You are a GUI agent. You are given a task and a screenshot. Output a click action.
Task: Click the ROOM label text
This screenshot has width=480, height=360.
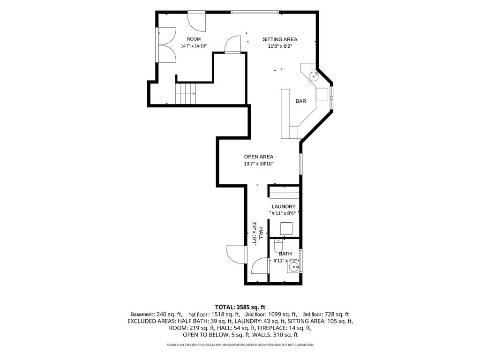point(194,39)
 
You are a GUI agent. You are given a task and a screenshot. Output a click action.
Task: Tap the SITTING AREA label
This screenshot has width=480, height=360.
point(280,39)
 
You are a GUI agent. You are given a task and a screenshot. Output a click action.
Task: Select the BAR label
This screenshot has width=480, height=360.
point(300,101)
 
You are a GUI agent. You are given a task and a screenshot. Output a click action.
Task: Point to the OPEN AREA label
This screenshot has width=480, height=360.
point(258,157)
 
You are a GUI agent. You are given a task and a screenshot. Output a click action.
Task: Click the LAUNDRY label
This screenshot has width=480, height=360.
point(284,207)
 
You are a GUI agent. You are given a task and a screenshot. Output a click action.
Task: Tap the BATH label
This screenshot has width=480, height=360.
point(285,254)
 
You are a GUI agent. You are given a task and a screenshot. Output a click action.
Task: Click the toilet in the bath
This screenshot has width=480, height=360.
point(278,246)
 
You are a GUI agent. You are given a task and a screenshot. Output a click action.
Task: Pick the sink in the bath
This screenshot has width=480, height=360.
point(293,268)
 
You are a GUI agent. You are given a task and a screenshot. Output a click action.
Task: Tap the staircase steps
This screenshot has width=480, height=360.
point(185,94)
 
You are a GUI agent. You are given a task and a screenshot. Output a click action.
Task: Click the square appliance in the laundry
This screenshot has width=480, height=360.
point(286,229)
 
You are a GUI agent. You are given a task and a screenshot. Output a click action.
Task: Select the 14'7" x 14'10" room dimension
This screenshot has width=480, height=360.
point(194,46)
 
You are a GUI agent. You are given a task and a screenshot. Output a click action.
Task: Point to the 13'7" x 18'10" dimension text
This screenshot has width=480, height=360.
point(258,164)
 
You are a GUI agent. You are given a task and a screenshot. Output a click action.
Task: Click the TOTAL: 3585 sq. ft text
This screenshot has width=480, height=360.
point(240,307)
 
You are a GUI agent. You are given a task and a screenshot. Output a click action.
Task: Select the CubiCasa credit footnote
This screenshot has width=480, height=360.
point(240,345)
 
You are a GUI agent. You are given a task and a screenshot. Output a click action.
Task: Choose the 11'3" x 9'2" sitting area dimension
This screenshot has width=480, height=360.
point(280,46)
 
